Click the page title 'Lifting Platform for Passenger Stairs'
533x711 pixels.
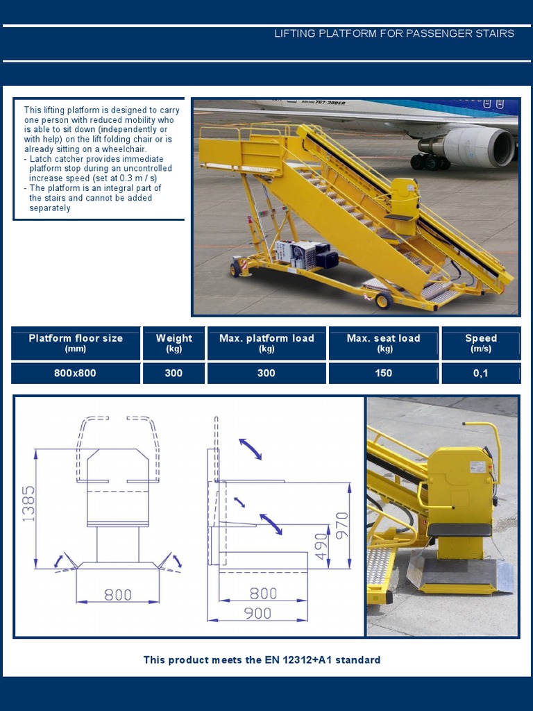[x=394, y=33]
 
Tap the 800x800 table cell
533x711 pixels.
[x=76, y=374]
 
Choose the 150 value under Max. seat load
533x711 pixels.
[x=384, y=374]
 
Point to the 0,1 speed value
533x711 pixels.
[x=481, y=374]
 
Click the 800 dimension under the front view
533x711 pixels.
[x=118, y=594]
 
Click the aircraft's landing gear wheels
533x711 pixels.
[x=430, y=162]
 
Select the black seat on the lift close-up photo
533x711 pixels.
[x=459, y=530]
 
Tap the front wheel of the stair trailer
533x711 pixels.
[x=382, y=301]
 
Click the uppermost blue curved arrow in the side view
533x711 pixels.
[x=251, y=449]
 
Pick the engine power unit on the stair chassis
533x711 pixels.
[x=306, y=254]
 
